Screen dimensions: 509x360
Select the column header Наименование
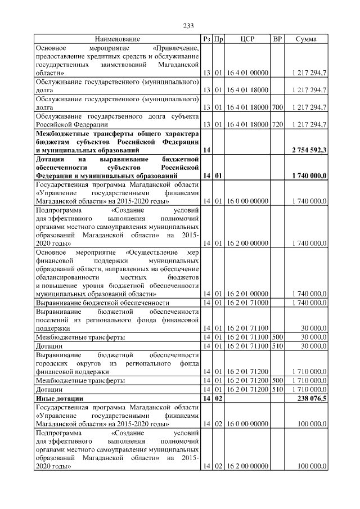tap(117, 39)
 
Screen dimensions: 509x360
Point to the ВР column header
tap(277, 39)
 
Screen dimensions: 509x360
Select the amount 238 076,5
tap(312, 398)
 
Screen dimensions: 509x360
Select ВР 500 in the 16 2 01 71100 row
tap(277, 336)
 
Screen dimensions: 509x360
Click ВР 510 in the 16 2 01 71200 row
tap(277, 389)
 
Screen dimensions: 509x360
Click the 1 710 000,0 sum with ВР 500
tap(309, 381)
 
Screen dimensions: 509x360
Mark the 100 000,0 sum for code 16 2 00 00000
tap(312, 466)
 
